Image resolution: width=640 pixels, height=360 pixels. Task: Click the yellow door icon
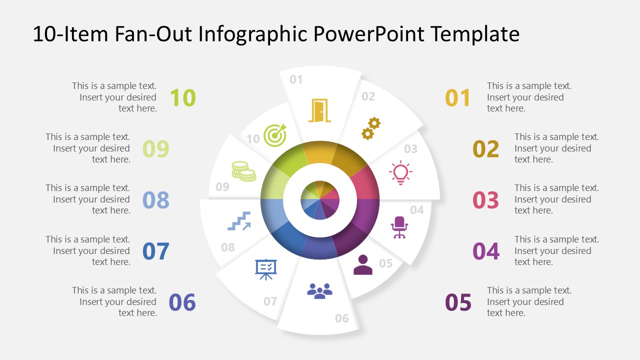319,110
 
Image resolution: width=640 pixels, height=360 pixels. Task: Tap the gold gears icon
371,128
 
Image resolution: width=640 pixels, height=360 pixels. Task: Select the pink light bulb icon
400,173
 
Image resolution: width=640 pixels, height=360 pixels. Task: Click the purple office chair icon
399,227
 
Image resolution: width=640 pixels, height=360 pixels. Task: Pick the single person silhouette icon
362,265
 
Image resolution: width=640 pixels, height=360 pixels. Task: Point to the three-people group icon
319,291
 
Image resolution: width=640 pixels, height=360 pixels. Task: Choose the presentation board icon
265,269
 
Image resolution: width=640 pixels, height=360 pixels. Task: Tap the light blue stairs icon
239,220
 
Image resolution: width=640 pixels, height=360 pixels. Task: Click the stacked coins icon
243,171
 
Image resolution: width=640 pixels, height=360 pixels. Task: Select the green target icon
274,135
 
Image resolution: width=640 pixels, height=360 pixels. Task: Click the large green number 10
182,97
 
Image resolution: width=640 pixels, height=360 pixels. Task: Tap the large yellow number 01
458,98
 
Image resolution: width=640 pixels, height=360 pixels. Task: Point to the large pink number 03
485,200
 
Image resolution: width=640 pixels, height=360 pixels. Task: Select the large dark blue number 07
156,251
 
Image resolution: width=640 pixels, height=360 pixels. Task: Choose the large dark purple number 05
458,302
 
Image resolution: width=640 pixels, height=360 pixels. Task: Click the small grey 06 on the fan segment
342,318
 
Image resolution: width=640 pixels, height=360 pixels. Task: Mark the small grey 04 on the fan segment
417,210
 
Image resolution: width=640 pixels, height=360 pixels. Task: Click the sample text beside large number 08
88,199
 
